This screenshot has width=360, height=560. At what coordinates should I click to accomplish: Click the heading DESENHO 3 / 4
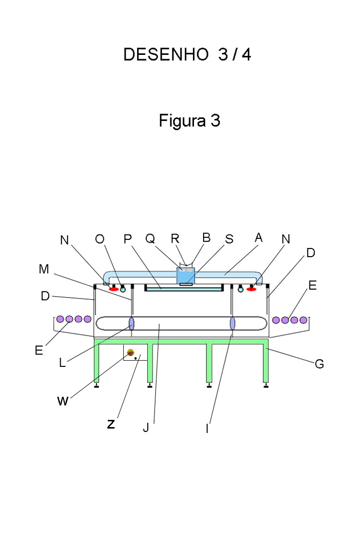point(187,55)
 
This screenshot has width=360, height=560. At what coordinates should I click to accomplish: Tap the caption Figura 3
point(190,121)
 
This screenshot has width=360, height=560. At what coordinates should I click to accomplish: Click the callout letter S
point(229,239)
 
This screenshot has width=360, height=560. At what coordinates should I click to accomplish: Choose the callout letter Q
point(150,238)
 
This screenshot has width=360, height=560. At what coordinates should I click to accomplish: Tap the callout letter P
point(128,239)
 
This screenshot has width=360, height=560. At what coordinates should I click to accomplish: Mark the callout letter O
point(100,239)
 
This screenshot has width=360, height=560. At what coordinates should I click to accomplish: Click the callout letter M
point(44,269)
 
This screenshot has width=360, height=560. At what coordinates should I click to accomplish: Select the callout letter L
point(63,363)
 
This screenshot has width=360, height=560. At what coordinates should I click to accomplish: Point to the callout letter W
point(63,401)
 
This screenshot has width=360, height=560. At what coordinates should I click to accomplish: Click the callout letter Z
point(111,425)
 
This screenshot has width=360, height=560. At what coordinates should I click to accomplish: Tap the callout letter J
point(146,428)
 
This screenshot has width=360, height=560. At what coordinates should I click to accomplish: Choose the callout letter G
point(319,364)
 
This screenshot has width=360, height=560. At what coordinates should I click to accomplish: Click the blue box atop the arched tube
point(185,275)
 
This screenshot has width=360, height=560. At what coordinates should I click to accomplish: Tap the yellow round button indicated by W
point(130,353)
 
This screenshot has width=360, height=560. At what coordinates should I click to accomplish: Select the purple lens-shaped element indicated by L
point(131,323)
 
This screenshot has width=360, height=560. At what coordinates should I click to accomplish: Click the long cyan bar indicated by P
point(184,289)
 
